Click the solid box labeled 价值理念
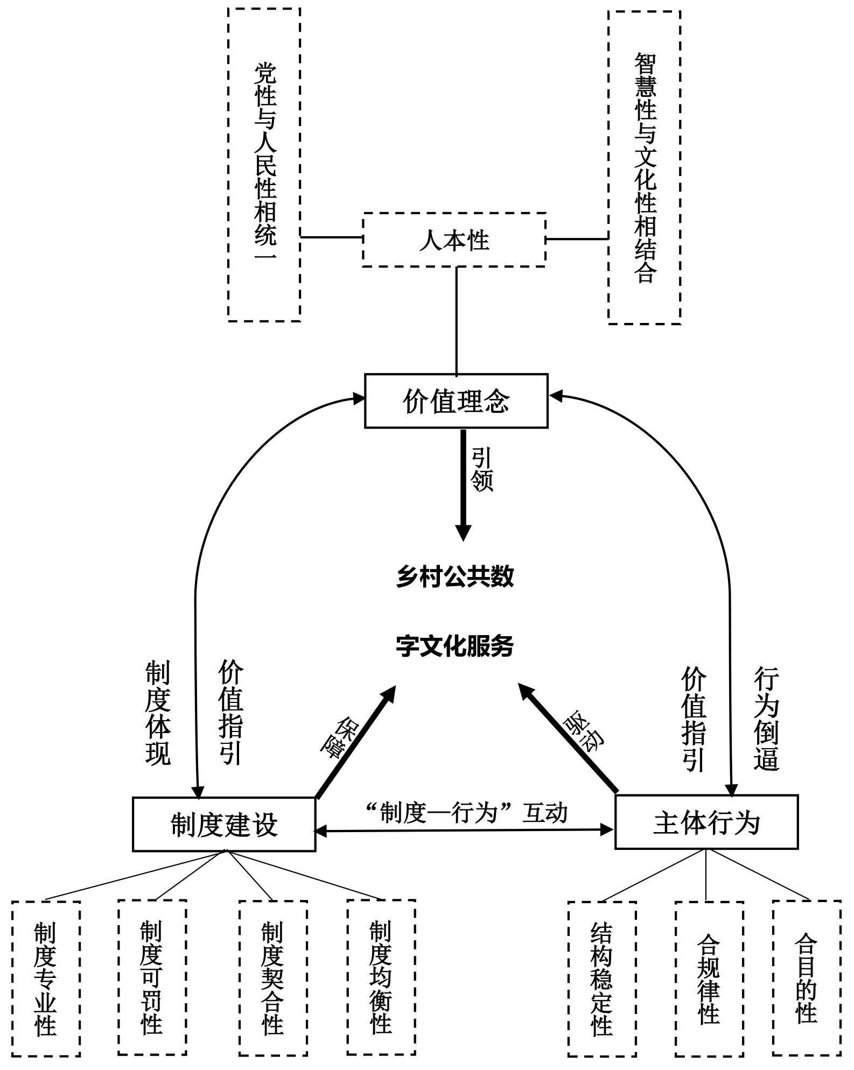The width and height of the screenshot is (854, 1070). (456, 401)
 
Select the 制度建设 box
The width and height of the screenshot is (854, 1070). (224, 825)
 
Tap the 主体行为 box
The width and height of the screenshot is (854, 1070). (706, 822)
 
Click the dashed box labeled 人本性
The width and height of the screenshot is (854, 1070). (454, 240)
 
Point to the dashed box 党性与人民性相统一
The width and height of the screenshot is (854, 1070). (264, 165)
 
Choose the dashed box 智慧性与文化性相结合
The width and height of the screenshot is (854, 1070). (645, 167)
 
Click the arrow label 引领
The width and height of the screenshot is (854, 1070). (482, 469)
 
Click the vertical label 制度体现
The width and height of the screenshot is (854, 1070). (158, 714)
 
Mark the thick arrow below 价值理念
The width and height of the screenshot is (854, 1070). (463, 484)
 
